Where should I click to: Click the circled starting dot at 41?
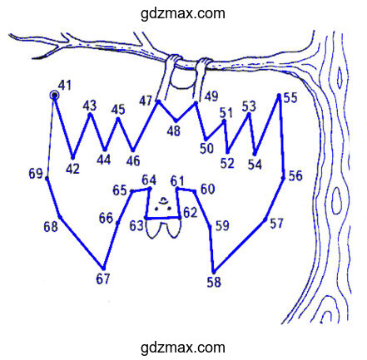point(55,96)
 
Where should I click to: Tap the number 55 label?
point(290,98)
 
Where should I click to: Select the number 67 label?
point(103,279)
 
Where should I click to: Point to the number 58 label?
point(214,282)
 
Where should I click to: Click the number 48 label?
point(174,131)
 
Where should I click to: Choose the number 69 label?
point(36,174)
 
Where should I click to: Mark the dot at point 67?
point(103,269)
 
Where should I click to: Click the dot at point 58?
point(214,272)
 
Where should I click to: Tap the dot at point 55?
point(279,96)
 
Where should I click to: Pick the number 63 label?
point(136,226)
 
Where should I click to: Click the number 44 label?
point(104,160)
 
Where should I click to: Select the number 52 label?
point(227,163)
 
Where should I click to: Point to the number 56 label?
point(295,175)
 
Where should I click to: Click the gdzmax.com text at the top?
point(183,13)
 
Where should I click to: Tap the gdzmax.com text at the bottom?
point(183,348)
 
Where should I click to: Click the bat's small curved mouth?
point(164,200)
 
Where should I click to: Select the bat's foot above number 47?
point(175,58)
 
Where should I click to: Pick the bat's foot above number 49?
point(205,62)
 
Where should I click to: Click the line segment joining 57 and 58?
point(240,246)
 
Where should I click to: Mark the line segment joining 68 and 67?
point(82,243)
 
